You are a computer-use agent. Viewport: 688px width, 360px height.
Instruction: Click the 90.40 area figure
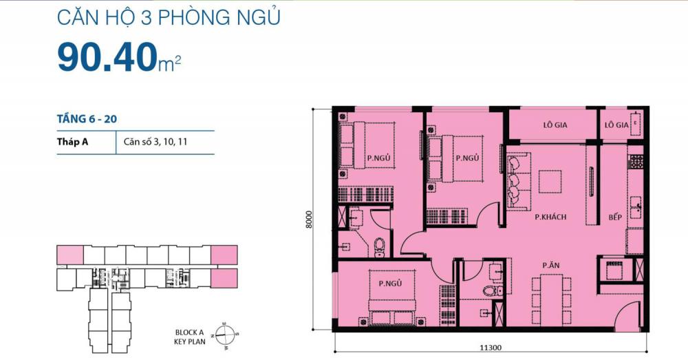pos(107,58)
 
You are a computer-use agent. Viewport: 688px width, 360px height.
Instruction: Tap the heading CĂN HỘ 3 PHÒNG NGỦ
pos(168,17)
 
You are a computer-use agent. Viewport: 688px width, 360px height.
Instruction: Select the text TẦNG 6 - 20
pos(87,119)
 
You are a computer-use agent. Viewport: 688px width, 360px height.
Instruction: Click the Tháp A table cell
pos(75,143)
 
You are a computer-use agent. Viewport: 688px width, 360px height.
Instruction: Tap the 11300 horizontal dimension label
pos(491,349)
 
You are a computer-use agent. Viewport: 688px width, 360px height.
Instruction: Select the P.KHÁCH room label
pos(550,217)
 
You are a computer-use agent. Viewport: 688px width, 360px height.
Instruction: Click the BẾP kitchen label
pos(615,217)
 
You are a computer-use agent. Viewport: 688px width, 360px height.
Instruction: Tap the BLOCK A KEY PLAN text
pos(189,335)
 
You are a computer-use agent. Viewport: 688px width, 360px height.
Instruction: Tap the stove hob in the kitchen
pos(636,162)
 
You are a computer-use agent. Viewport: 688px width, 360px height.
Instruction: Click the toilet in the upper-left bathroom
pos(379,245)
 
